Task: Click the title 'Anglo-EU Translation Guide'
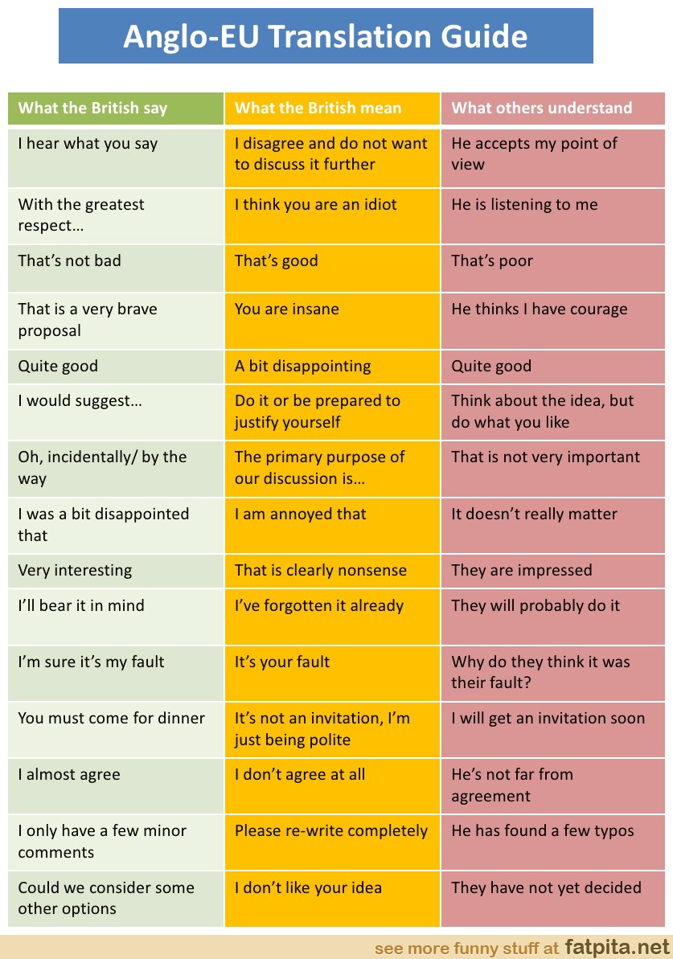(x=326, y=36)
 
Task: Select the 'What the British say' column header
(x=92, y=109)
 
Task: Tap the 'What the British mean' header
(x=318, y=109)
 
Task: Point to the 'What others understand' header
(x=542, y=109)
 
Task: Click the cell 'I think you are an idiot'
(x=316, y=205)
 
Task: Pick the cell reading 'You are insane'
(x=287, y=309)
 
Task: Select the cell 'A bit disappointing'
(x=302, y=367)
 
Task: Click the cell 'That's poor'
(x=492, y=261)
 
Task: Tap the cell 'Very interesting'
(x=75, y=571)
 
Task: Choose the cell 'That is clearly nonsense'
(x=321, y=571)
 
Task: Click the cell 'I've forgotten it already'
(x=319, y=606)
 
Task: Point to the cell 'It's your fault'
(x=282, y=662)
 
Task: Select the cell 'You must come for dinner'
(x=112, y=719)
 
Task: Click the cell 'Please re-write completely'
(x=331, y=831)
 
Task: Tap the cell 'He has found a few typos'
(x=543, y=831)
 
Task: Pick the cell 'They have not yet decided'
(x=547, y=888)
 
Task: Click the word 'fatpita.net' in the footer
(x=617, y=947)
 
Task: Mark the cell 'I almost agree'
(x=69, y=775)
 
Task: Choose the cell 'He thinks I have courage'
(x=540, y=309)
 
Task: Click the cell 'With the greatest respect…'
(x=81, y=215)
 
